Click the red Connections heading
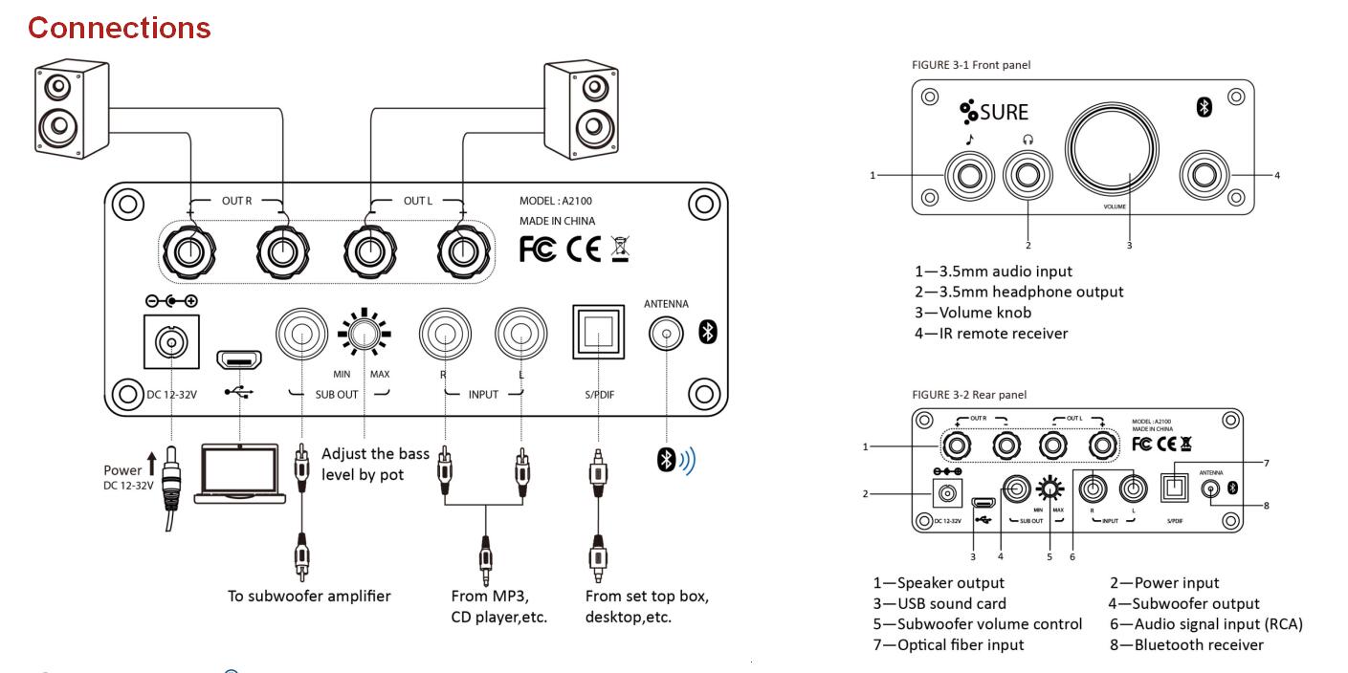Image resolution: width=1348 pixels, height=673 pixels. click(119, 28)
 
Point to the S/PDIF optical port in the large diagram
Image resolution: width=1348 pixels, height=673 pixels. click(597, 332)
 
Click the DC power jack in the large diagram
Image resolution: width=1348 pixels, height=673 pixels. click(171, 340)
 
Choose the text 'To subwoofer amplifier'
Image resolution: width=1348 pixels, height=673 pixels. click(309, 596)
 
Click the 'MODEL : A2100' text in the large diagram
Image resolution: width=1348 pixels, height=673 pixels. click(563, 202)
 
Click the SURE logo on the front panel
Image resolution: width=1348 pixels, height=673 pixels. click(995, 112)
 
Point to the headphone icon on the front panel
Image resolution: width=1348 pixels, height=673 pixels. click(1028, 140)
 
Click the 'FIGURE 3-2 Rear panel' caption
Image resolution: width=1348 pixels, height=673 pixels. click(971, 395)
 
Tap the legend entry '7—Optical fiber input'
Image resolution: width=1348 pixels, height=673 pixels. click(947, 644)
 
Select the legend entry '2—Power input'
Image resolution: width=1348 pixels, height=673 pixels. click(1163, 582)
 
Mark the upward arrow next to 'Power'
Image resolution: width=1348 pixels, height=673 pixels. click(151, 467)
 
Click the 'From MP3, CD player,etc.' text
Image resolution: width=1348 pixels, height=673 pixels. click(498, 606)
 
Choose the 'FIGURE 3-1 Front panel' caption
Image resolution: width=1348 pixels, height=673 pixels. click(971, 65)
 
